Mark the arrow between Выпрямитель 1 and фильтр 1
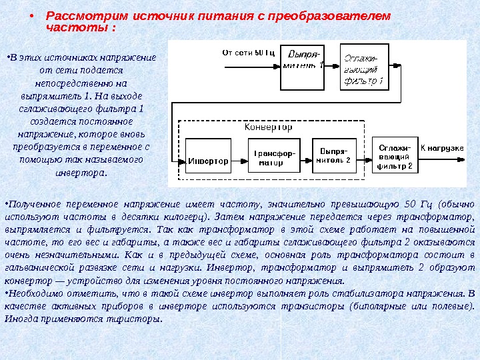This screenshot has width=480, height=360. coord(333,66)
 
